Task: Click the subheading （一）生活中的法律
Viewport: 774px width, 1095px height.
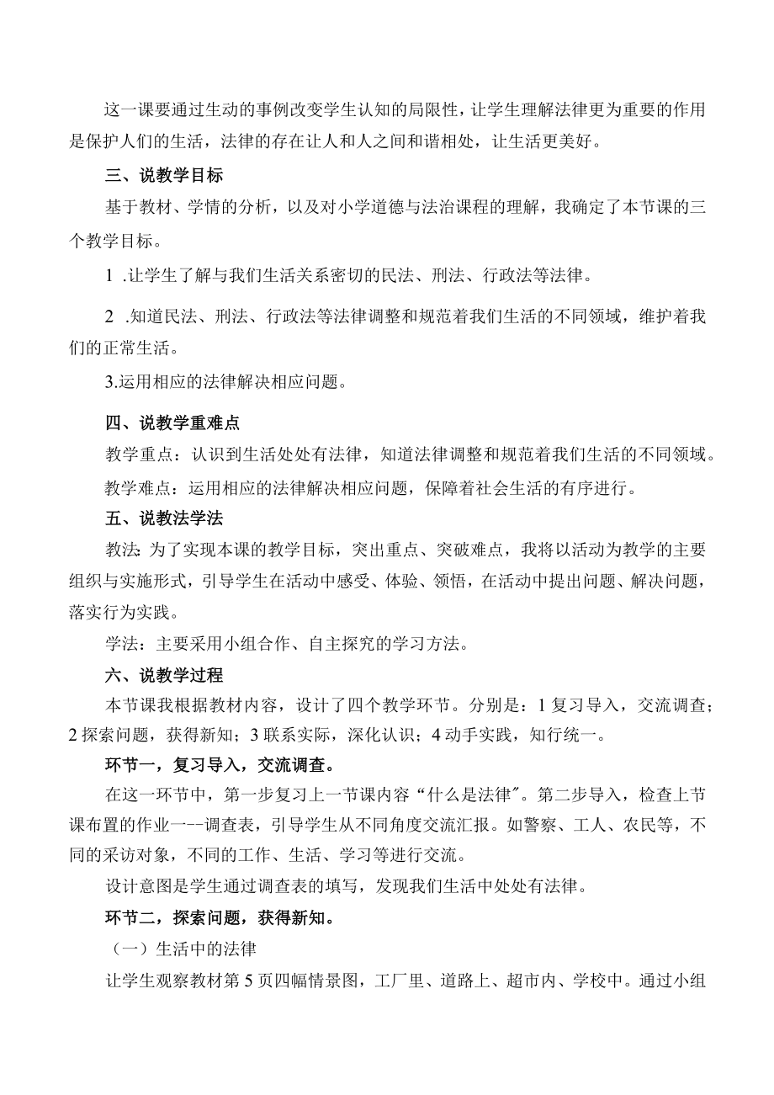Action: pos(183,949)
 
